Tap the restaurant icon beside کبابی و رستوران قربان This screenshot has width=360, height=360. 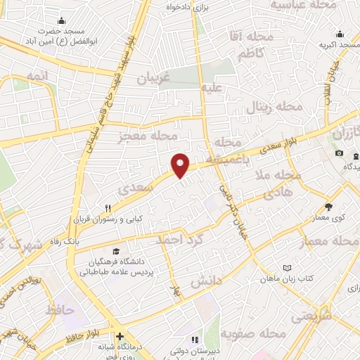coord(108,208)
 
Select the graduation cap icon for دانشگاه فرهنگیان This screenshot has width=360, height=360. coord(115,251)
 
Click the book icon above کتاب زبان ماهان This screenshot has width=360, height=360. coord(286,268)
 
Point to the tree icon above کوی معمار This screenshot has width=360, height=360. coord(328,207)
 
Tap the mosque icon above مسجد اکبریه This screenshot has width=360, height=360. coord(340,34)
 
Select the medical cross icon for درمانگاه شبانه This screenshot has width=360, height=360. coord(120,337)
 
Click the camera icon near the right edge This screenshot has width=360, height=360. coord(339,153)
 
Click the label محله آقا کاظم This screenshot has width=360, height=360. coord(247,44)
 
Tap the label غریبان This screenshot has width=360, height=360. coord(153,78)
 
